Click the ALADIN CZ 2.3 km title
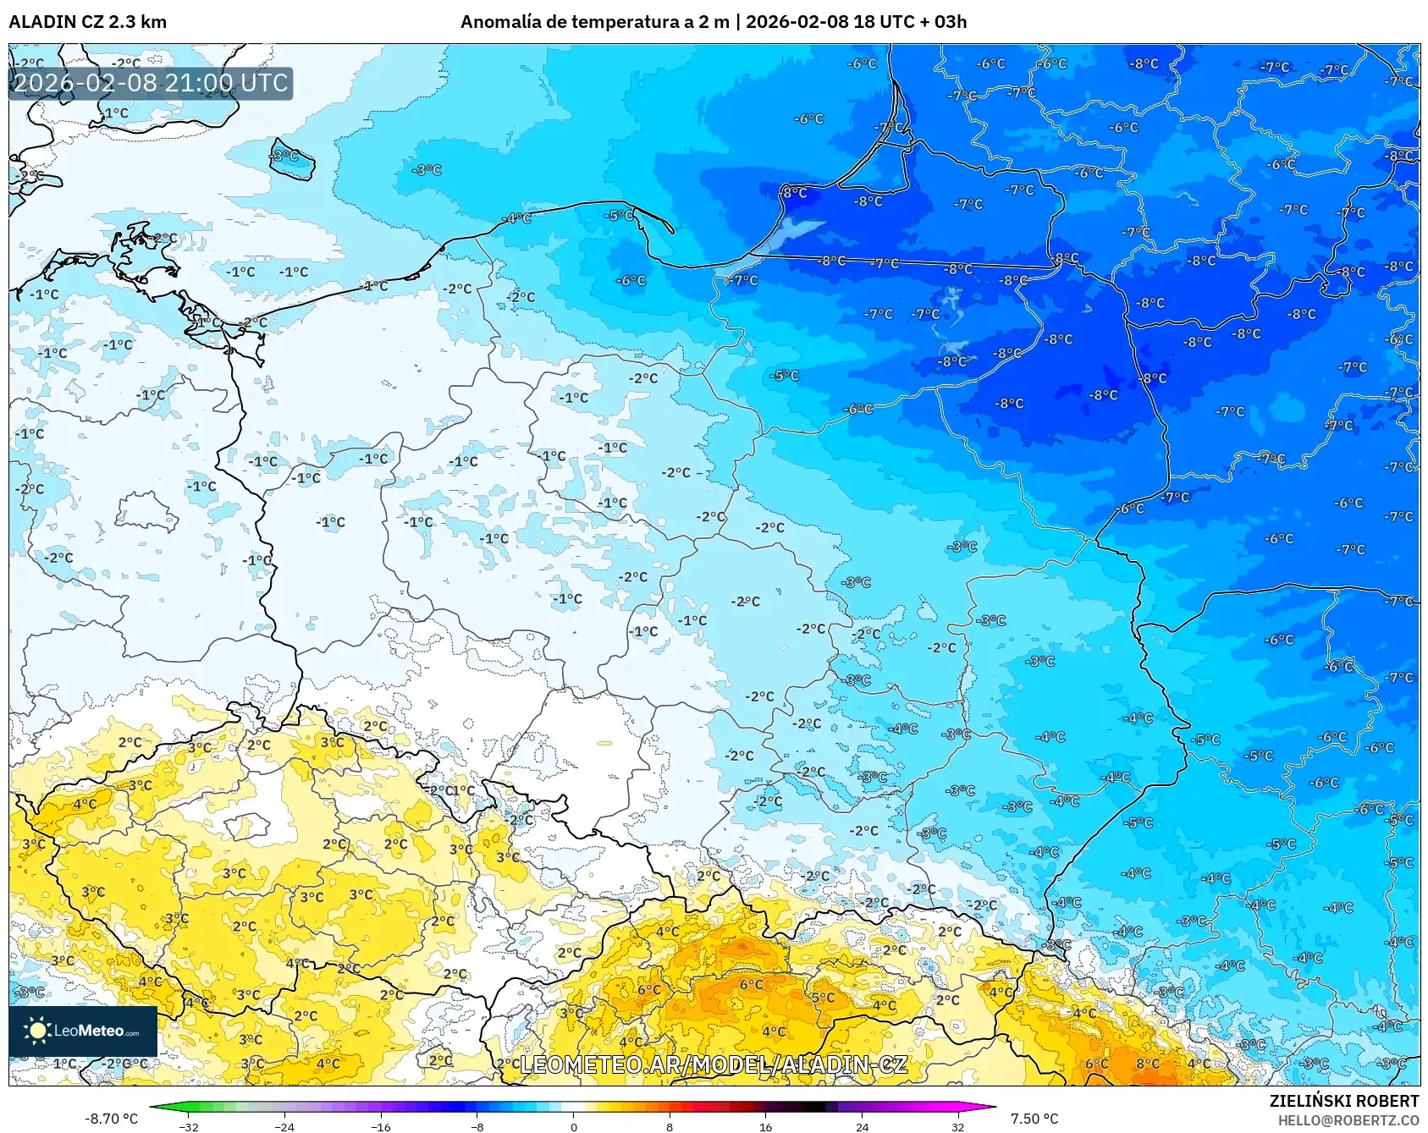[x=87, y=22]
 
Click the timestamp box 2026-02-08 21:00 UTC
[x=151, y=83]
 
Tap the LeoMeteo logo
[x=83, y=1031]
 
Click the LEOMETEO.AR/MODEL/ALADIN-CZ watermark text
[x=714, y=1064]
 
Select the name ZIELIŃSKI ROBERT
[x=1343, y=1101]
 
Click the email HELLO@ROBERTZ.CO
[x=1348, y=1120]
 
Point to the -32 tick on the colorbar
[x=189, y=1126]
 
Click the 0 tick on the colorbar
[x=573, y=1126]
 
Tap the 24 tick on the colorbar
[x=862, y=1126]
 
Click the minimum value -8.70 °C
[x=111, y=1119]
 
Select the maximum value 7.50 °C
[x=1034, y=1119]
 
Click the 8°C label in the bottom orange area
[x=1148, y=1064]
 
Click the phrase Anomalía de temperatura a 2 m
[x=594, y=22]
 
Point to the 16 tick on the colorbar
[x=765, y=1126]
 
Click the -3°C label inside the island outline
[x=285, y=156]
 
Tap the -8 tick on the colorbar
[x=477, y=1126]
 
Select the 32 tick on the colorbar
[x=957, y=1126]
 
